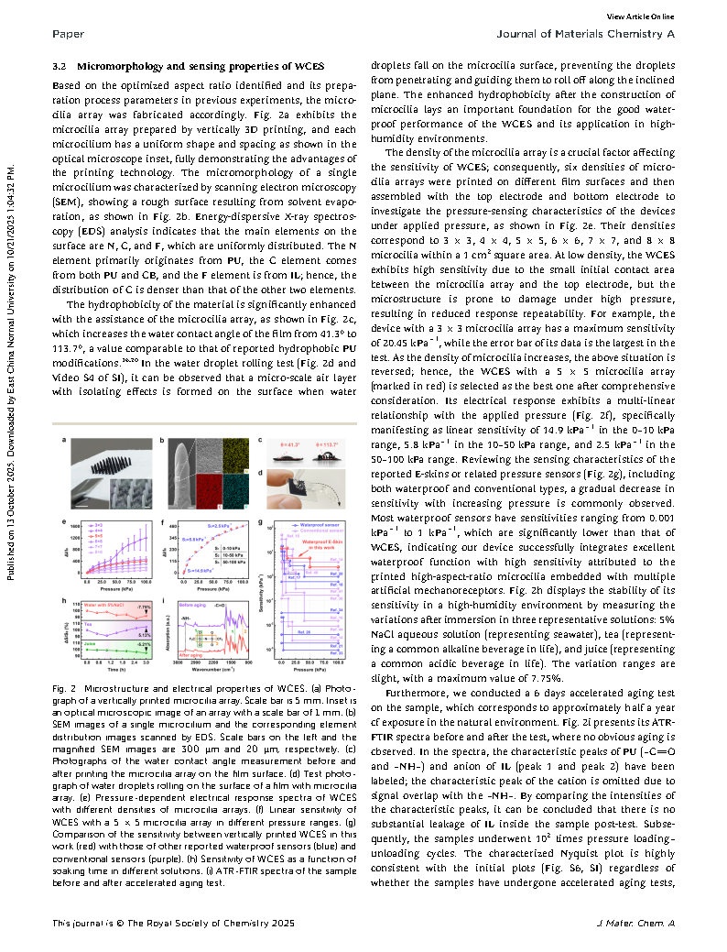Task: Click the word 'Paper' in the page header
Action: pos(69,35)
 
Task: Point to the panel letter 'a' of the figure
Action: pos(64,442)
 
